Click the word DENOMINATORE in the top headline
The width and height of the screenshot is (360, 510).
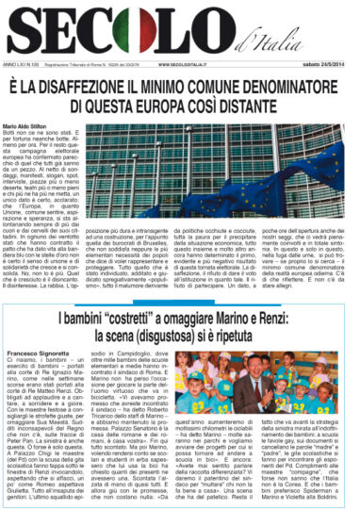pos(291,87)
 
